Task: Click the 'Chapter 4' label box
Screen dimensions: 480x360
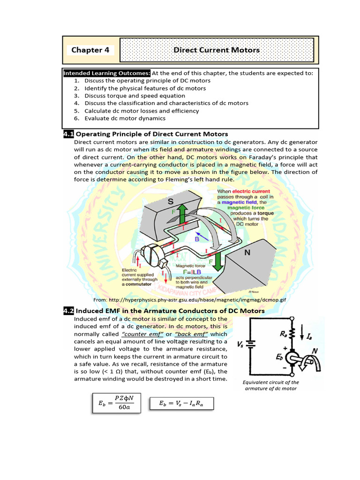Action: tap(90, 50)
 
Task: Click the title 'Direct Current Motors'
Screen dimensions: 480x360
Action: tap(217, 50)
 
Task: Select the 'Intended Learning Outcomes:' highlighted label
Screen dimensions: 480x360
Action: tap(107, 73)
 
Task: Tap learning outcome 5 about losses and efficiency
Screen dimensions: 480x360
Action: tap(142, 111)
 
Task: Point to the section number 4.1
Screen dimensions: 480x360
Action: tap(68, 134)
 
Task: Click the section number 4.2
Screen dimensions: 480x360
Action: tap(68, 311)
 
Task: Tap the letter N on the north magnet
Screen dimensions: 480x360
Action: tap(247, 253)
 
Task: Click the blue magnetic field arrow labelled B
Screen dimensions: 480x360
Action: tap(201, 235)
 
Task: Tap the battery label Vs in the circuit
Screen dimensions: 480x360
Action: tap(240, 344)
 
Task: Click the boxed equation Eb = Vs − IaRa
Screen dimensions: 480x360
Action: tap(181, 403)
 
